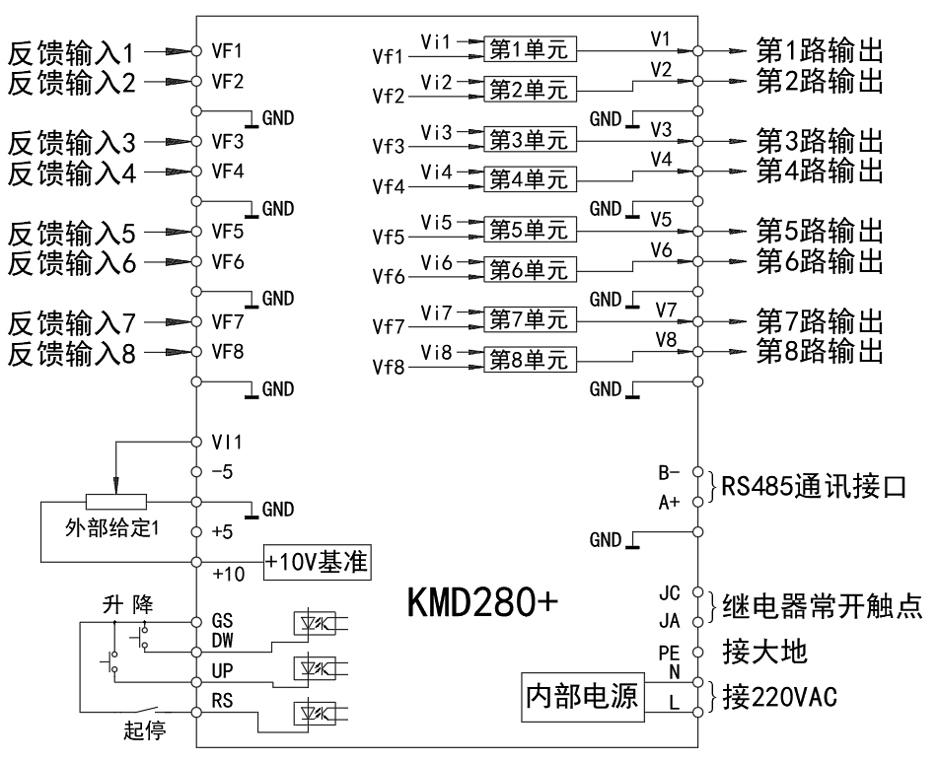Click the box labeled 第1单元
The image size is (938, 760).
[530, 48]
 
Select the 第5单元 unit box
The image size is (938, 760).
[530, 230]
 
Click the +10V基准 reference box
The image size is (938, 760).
[316, 563]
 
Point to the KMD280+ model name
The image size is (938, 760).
[482, 603]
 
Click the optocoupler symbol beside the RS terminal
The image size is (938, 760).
[316, 713]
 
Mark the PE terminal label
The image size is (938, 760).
[668, 652]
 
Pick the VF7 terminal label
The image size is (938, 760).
[228, 321]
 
